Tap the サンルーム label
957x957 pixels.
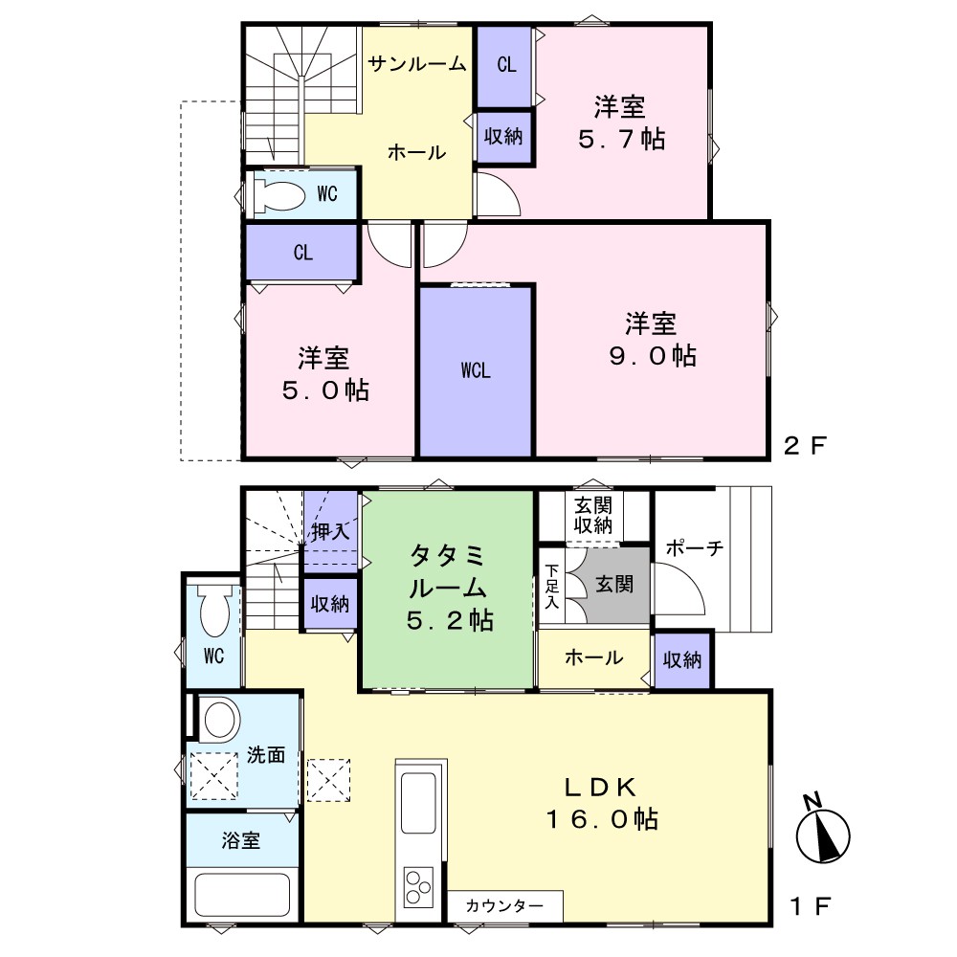tap(417, 63)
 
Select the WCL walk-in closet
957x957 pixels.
tap(476, 370)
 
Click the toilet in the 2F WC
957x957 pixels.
tap(278, 194)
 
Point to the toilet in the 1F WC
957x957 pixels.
tap(214, 611)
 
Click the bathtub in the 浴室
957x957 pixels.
tap(242, 894)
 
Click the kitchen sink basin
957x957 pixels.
tap(418, 803)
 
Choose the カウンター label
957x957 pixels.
tap(504, 905)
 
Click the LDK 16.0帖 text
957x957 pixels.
tap(602, 803)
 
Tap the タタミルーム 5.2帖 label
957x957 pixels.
tap(450, 588)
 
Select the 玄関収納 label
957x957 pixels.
tap(593, 515)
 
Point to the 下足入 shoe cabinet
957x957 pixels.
tap(552, 587)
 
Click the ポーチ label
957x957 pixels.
tap(694, 547)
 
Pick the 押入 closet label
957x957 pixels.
tap(331, 531)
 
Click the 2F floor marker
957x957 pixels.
tap(805, 446)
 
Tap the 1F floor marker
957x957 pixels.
tap(810, 906)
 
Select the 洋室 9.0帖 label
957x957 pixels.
tap(652, 340)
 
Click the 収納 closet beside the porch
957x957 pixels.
tap(682, 659)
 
